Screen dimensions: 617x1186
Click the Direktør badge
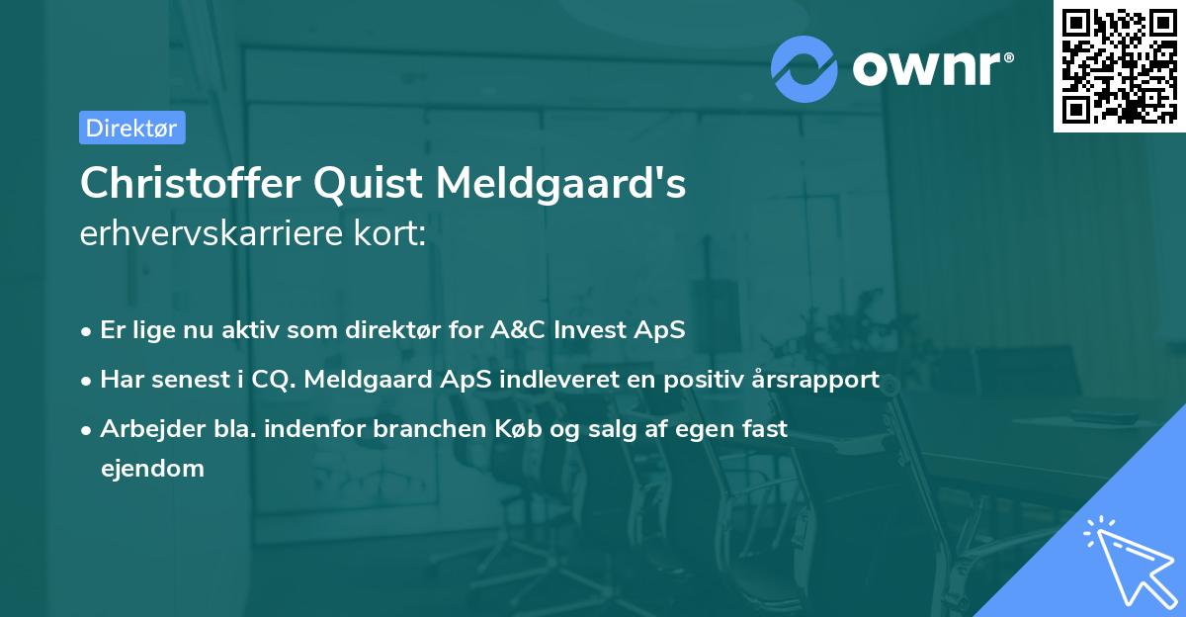pyautogui.click(x=131, y=128)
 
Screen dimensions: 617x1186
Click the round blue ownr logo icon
pyautogui.click(x=805, y=69)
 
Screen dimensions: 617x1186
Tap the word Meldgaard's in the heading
pyautogui.click(x=560, y=184)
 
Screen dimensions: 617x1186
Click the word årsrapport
pyautogui.click(x=816, y=379)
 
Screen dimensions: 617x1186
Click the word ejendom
pyautogui.click(x=152, y=468)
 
